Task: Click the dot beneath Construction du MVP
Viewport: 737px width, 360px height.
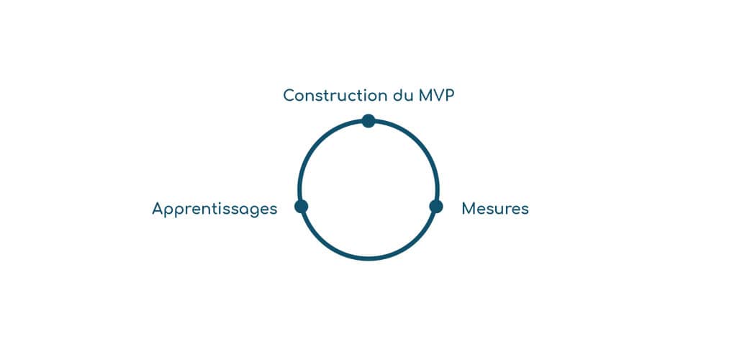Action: [x=368, y=120]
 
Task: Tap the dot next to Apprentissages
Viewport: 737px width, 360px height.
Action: [x=301, y=207]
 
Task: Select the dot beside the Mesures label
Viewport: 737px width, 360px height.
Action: [x=435, y=207]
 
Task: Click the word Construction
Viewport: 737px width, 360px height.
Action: [x=335, y=95]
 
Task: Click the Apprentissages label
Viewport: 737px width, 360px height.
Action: [x=214, y=210]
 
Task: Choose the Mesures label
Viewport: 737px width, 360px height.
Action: [x=495, y=209]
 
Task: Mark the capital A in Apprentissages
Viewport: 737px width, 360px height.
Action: [x=158, y=209]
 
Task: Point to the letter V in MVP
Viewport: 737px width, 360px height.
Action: [x=438, y=95]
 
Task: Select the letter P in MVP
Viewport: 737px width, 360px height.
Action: [x=450, y=95]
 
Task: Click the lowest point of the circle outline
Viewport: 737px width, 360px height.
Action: [x=368, y=257]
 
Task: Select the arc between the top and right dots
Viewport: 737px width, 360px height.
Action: [x=417, y=143]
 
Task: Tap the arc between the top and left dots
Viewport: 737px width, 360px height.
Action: [x=320, y=143]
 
